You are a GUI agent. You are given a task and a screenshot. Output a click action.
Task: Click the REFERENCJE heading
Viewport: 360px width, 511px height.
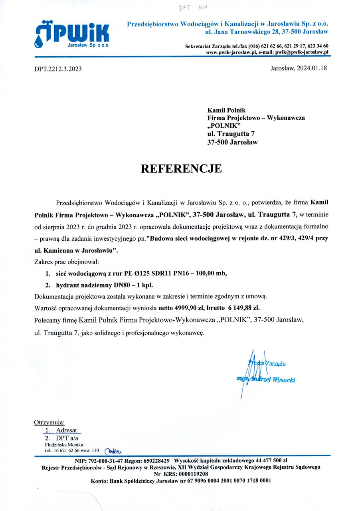tap(181, 168)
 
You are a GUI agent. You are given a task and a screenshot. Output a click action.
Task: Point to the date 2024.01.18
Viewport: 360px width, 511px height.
tap(312, 68)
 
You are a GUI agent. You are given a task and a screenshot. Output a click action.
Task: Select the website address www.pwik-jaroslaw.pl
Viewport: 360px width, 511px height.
tap(231, 52)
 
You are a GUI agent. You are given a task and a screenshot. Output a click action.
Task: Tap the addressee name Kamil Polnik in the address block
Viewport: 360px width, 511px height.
tap(226, 110)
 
